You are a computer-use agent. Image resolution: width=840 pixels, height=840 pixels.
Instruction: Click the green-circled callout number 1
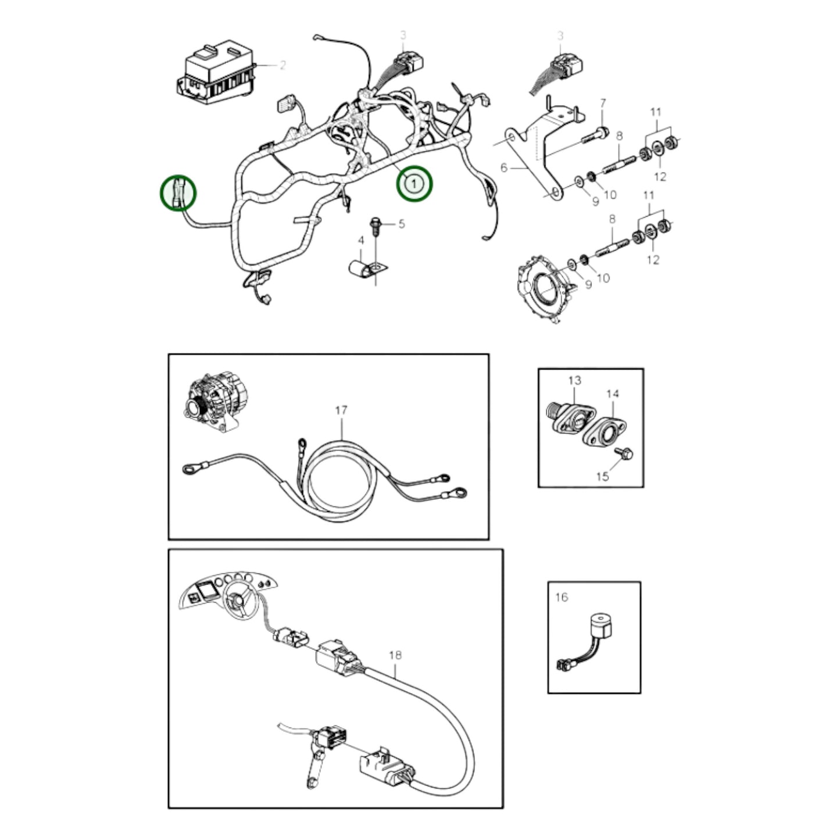click(413, 184)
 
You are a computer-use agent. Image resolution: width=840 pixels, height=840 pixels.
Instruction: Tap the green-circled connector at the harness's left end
click(178, 192)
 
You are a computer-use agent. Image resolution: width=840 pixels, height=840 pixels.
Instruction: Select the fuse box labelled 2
click(216, 72)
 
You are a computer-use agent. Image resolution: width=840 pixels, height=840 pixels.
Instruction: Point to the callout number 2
click(283, 66)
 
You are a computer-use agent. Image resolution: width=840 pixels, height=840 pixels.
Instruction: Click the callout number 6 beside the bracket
click(503, 168)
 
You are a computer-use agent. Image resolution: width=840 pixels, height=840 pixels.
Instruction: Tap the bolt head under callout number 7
click(603, 131)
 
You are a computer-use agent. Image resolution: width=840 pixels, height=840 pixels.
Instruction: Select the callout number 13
click(574, 381)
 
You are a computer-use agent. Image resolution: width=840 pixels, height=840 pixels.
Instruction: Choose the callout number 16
click(562, 597)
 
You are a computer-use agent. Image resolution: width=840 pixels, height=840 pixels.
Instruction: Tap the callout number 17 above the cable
click(341, 410)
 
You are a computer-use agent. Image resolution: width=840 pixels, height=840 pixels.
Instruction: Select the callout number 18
click(395, 655)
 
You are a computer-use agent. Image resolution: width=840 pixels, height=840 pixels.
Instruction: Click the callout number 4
click(360, 240)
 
